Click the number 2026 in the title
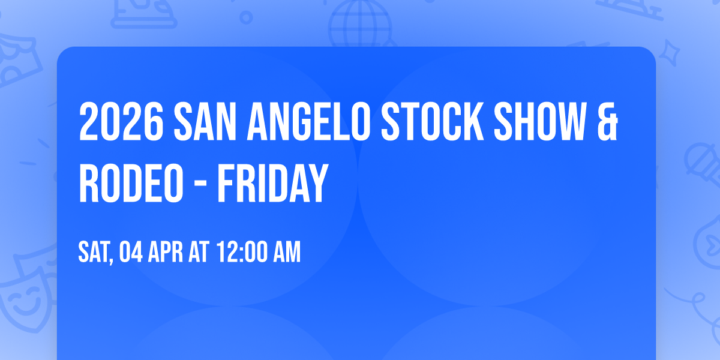[x=122, y=122]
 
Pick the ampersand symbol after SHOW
[x=607, y=122]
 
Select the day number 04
[x=132, y=252]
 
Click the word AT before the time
[x=199, y=252]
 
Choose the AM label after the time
[x=286, y=252]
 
